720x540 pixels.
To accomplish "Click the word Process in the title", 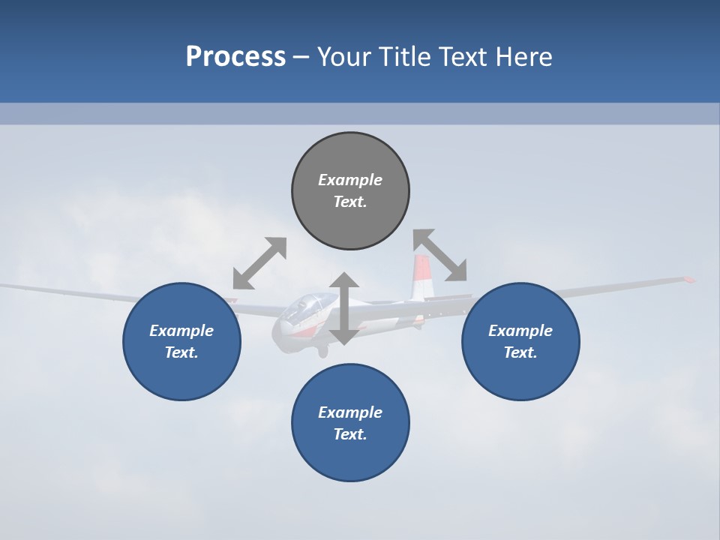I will (x=235, y=57).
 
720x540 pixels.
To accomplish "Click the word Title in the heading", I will (x=404, y=57).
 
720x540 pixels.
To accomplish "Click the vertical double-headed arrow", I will (x=343, y=309).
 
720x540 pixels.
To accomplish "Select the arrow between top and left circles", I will (x=259, y=263).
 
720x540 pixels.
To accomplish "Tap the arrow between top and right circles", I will (x=440, y=255).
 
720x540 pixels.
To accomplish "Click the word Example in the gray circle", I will (x=350, y=180).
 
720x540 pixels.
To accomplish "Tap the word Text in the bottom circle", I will (x=349, y=434).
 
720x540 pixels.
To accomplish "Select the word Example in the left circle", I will (x=181, y=331).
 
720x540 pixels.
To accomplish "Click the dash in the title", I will (x=301, y=57).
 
